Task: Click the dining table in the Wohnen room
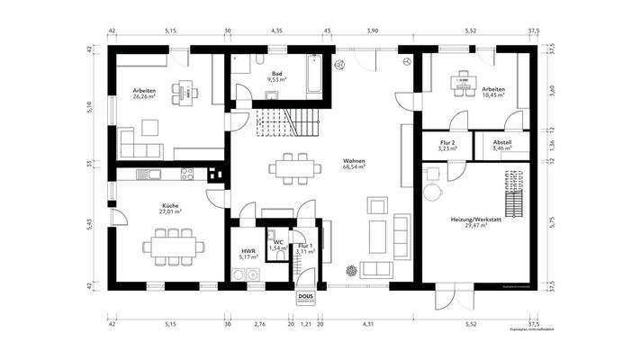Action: [x=294, y=166]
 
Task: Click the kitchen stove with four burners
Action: [x=187, y=174]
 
